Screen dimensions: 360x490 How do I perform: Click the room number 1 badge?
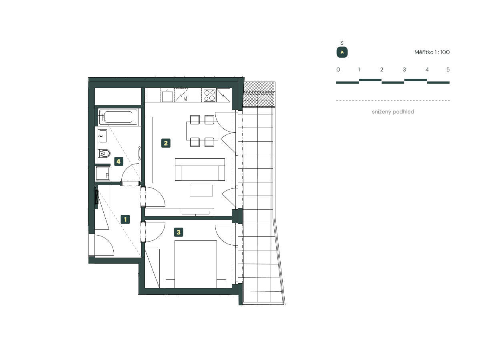click(125, 219)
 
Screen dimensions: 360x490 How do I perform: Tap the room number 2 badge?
click(166, 143)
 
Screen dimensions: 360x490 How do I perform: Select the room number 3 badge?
click(179, 232)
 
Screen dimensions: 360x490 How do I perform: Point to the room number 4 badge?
click(118, 161)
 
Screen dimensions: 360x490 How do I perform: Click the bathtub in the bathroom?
click(118, 117)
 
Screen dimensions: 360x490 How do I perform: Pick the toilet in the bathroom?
click(105, 153)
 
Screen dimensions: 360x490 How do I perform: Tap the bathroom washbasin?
click(102, 136)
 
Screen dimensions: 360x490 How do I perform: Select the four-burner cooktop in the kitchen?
click(209, 95)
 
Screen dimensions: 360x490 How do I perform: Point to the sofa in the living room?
click(200, 170)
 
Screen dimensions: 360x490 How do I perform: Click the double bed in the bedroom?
click(196, 264)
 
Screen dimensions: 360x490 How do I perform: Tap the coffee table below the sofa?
click(201, 190)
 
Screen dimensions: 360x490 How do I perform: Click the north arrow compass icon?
click(342, 52)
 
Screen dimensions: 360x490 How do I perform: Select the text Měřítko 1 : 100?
click(432, 52)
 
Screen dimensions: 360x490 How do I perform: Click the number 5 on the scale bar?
click(448, 70)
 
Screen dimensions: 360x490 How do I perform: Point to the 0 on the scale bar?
click(338, 70)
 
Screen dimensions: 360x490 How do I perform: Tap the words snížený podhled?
click(393, 112)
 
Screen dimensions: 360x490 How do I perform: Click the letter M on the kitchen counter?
click(185, 99)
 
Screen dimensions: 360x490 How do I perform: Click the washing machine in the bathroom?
click(103, 174)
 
